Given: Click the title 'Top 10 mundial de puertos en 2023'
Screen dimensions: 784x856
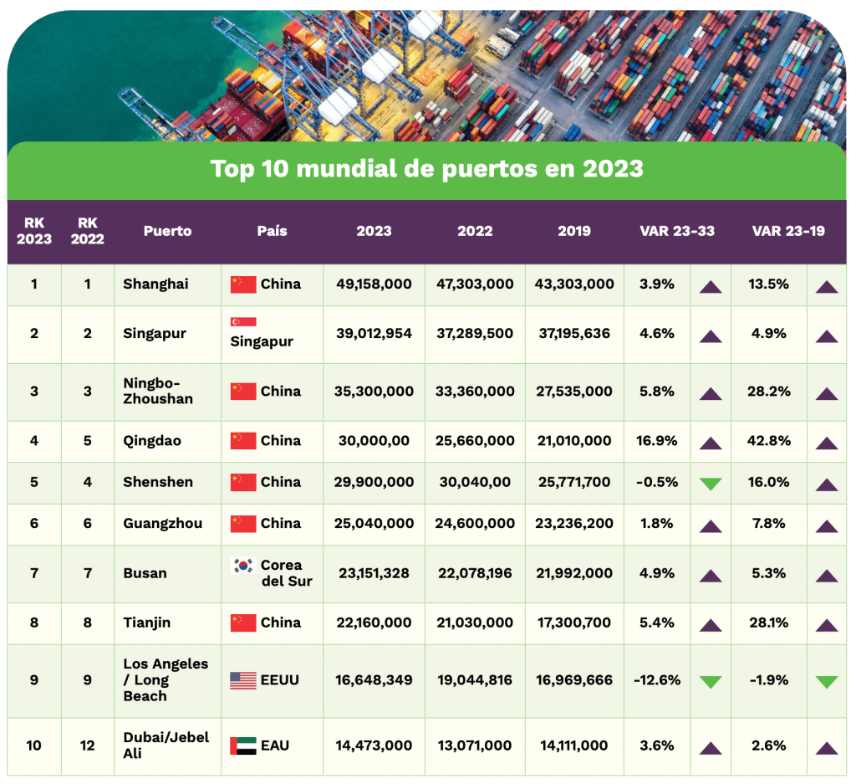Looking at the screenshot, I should point(426,169).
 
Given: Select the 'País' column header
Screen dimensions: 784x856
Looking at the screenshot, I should point(272,231).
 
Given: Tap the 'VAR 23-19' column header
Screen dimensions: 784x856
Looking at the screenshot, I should point(787,231).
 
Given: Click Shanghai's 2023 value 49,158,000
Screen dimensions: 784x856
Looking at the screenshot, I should point(374,284).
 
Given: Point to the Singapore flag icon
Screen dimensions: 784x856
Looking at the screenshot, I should point(243,322).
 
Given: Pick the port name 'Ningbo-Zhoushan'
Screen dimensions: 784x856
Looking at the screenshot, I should point(158,392).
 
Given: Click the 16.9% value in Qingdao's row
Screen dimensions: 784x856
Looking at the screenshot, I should point(656,441).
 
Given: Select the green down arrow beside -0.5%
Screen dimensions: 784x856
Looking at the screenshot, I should point(711,484).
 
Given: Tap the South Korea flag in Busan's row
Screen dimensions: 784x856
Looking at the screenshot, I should point(243,566).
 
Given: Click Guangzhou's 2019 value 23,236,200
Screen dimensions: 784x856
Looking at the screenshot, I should point(574,524).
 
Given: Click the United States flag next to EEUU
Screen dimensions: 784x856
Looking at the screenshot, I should point(243,680).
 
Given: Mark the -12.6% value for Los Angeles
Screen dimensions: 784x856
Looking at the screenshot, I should point(656,680).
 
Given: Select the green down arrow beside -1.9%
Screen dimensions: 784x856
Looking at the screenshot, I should point(827,682).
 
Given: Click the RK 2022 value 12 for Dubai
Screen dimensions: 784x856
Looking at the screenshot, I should point(87,746).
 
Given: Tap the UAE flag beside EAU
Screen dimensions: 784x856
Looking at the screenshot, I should point(243,746).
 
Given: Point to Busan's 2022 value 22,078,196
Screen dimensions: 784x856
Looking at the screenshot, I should point(474,574).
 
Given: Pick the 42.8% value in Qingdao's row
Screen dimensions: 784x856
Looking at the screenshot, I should point(769,441).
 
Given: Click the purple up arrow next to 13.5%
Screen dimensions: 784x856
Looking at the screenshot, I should point(827,286).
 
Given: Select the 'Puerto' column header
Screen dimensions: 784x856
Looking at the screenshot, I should point(167,231).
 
